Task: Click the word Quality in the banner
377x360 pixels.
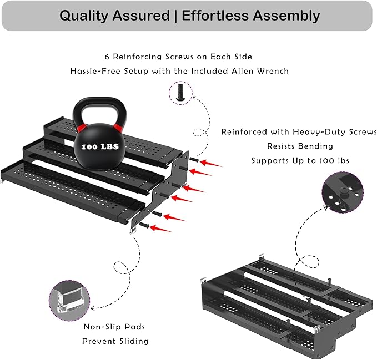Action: click(84, 16)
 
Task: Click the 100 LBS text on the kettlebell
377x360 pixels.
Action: click(100, 146)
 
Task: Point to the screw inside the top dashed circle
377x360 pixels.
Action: click(180, 92)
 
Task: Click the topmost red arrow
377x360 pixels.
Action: click(211, 163)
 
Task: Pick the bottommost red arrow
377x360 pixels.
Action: click(160, 229)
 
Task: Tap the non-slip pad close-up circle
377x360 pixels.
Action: click(69, 301)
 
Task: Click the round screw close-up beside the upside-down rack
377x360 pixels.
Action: click(343, 192)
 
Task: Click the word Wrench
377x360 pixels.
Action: click(273, 71)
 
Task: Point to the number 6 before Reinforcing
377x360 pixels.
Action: click(107, 57)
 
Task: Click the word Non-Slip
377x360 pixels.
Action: click(99, 327)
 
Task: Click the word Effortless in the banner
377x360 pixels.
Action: click(215, 16)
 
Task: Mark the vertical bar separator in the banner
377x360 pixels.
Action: click(175, 16)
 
